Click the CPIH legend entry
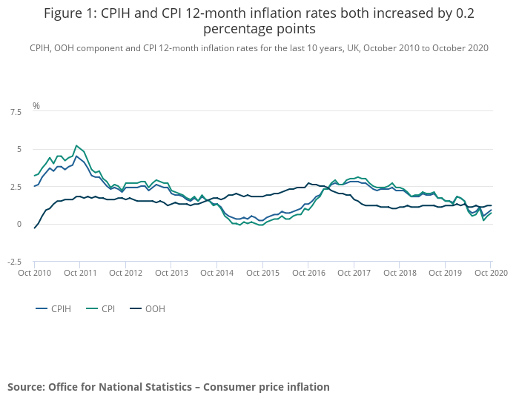tap(56, 308)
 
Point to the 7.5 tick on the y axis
tap(16, 112)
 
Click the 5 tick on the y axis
tap(19, 150)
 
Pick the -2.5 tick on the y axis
tap(15, 262)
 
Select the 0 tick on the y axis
tap(19, 225)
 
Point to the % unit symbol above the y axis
tap(36, 106)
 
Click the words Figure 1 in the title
tap(72, 13)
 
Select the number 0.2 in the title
tap(464, 13)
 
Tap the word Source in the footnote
tap(26, 387)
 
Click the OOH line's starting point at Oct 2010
tap(35, 228)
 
